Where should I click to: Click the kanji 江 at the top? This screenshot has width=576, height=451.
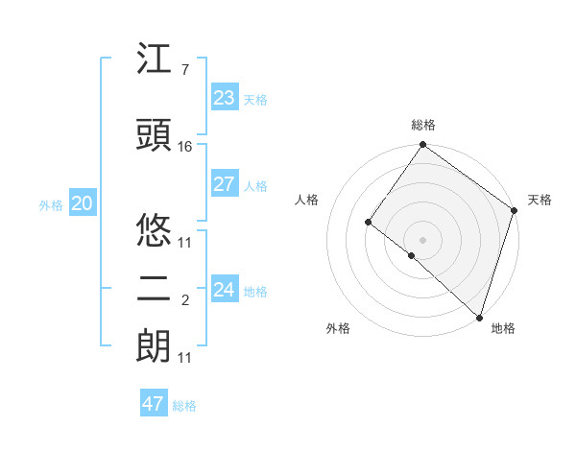pos(155,59)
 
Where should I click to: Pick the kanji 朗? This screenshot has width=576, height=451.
pos(155,345)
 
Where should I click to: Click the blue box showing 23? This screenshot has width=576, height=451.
pos(224,98)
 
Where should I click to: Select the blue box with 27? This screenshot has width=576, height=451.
pos(224,184)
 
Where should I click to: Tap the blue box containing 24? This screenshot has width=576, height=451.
pos(224,290)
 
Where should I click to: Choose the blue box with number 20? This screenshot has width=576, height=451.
pos(83,203)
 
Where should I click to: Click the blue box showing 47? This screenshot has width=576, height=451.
pos(154,404)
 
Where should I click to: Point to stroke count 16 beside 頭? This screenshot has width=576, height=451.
pos(185,148)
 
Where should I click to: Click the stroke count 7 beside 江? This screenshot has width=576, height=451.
pos(184,69)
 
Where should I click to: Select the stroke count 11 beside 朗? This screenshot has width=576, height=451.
pos(185,357)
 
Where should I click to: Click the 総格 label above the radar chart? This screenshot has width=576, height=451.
pos(423,125)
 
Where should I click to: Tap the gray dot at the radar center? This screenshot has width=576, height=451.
pos(422,239)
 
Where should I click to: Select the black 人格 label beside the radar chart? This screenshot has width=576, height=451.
pos(307,200)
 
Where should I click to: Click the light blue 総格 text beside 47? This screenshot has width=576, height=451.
pos(184,406)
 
